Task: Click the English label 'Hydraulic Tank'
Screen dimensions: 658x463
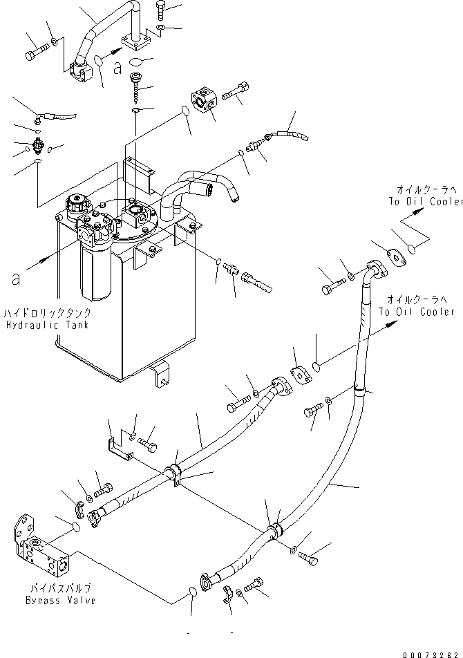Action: [48, 325]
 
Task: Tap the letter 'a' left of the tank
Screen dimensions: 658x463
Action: [16, 279]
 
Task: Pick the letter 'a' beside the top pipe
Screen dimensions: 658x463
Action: [117, 68]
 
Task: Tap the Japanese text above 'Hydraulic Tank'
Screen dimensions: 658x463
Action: [46, 313]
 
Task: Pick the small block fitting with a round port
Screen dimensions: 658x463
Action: [206, 100]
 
